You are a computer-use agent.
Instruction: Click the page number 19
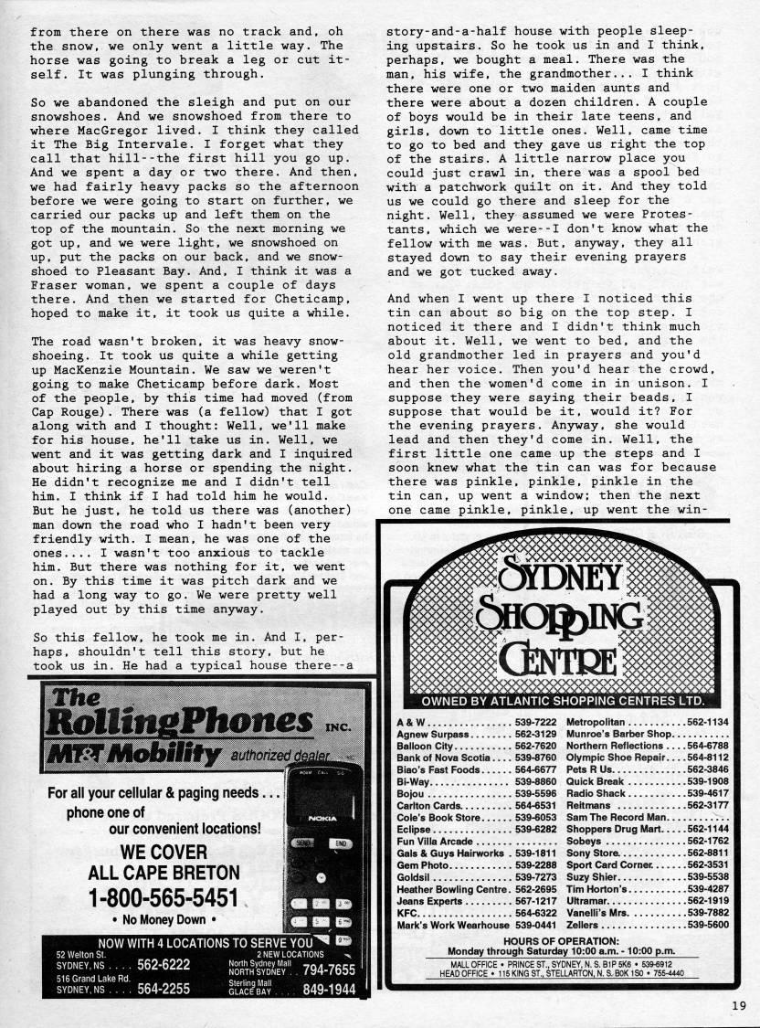coord(738,1006)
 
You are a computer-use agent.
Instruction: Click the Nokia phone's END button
coord(340,843)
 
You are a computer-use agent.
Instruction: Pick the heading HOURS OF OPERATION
coord(561,941)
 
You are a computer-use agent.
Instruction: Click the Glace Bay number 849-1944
coord(329,989)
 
